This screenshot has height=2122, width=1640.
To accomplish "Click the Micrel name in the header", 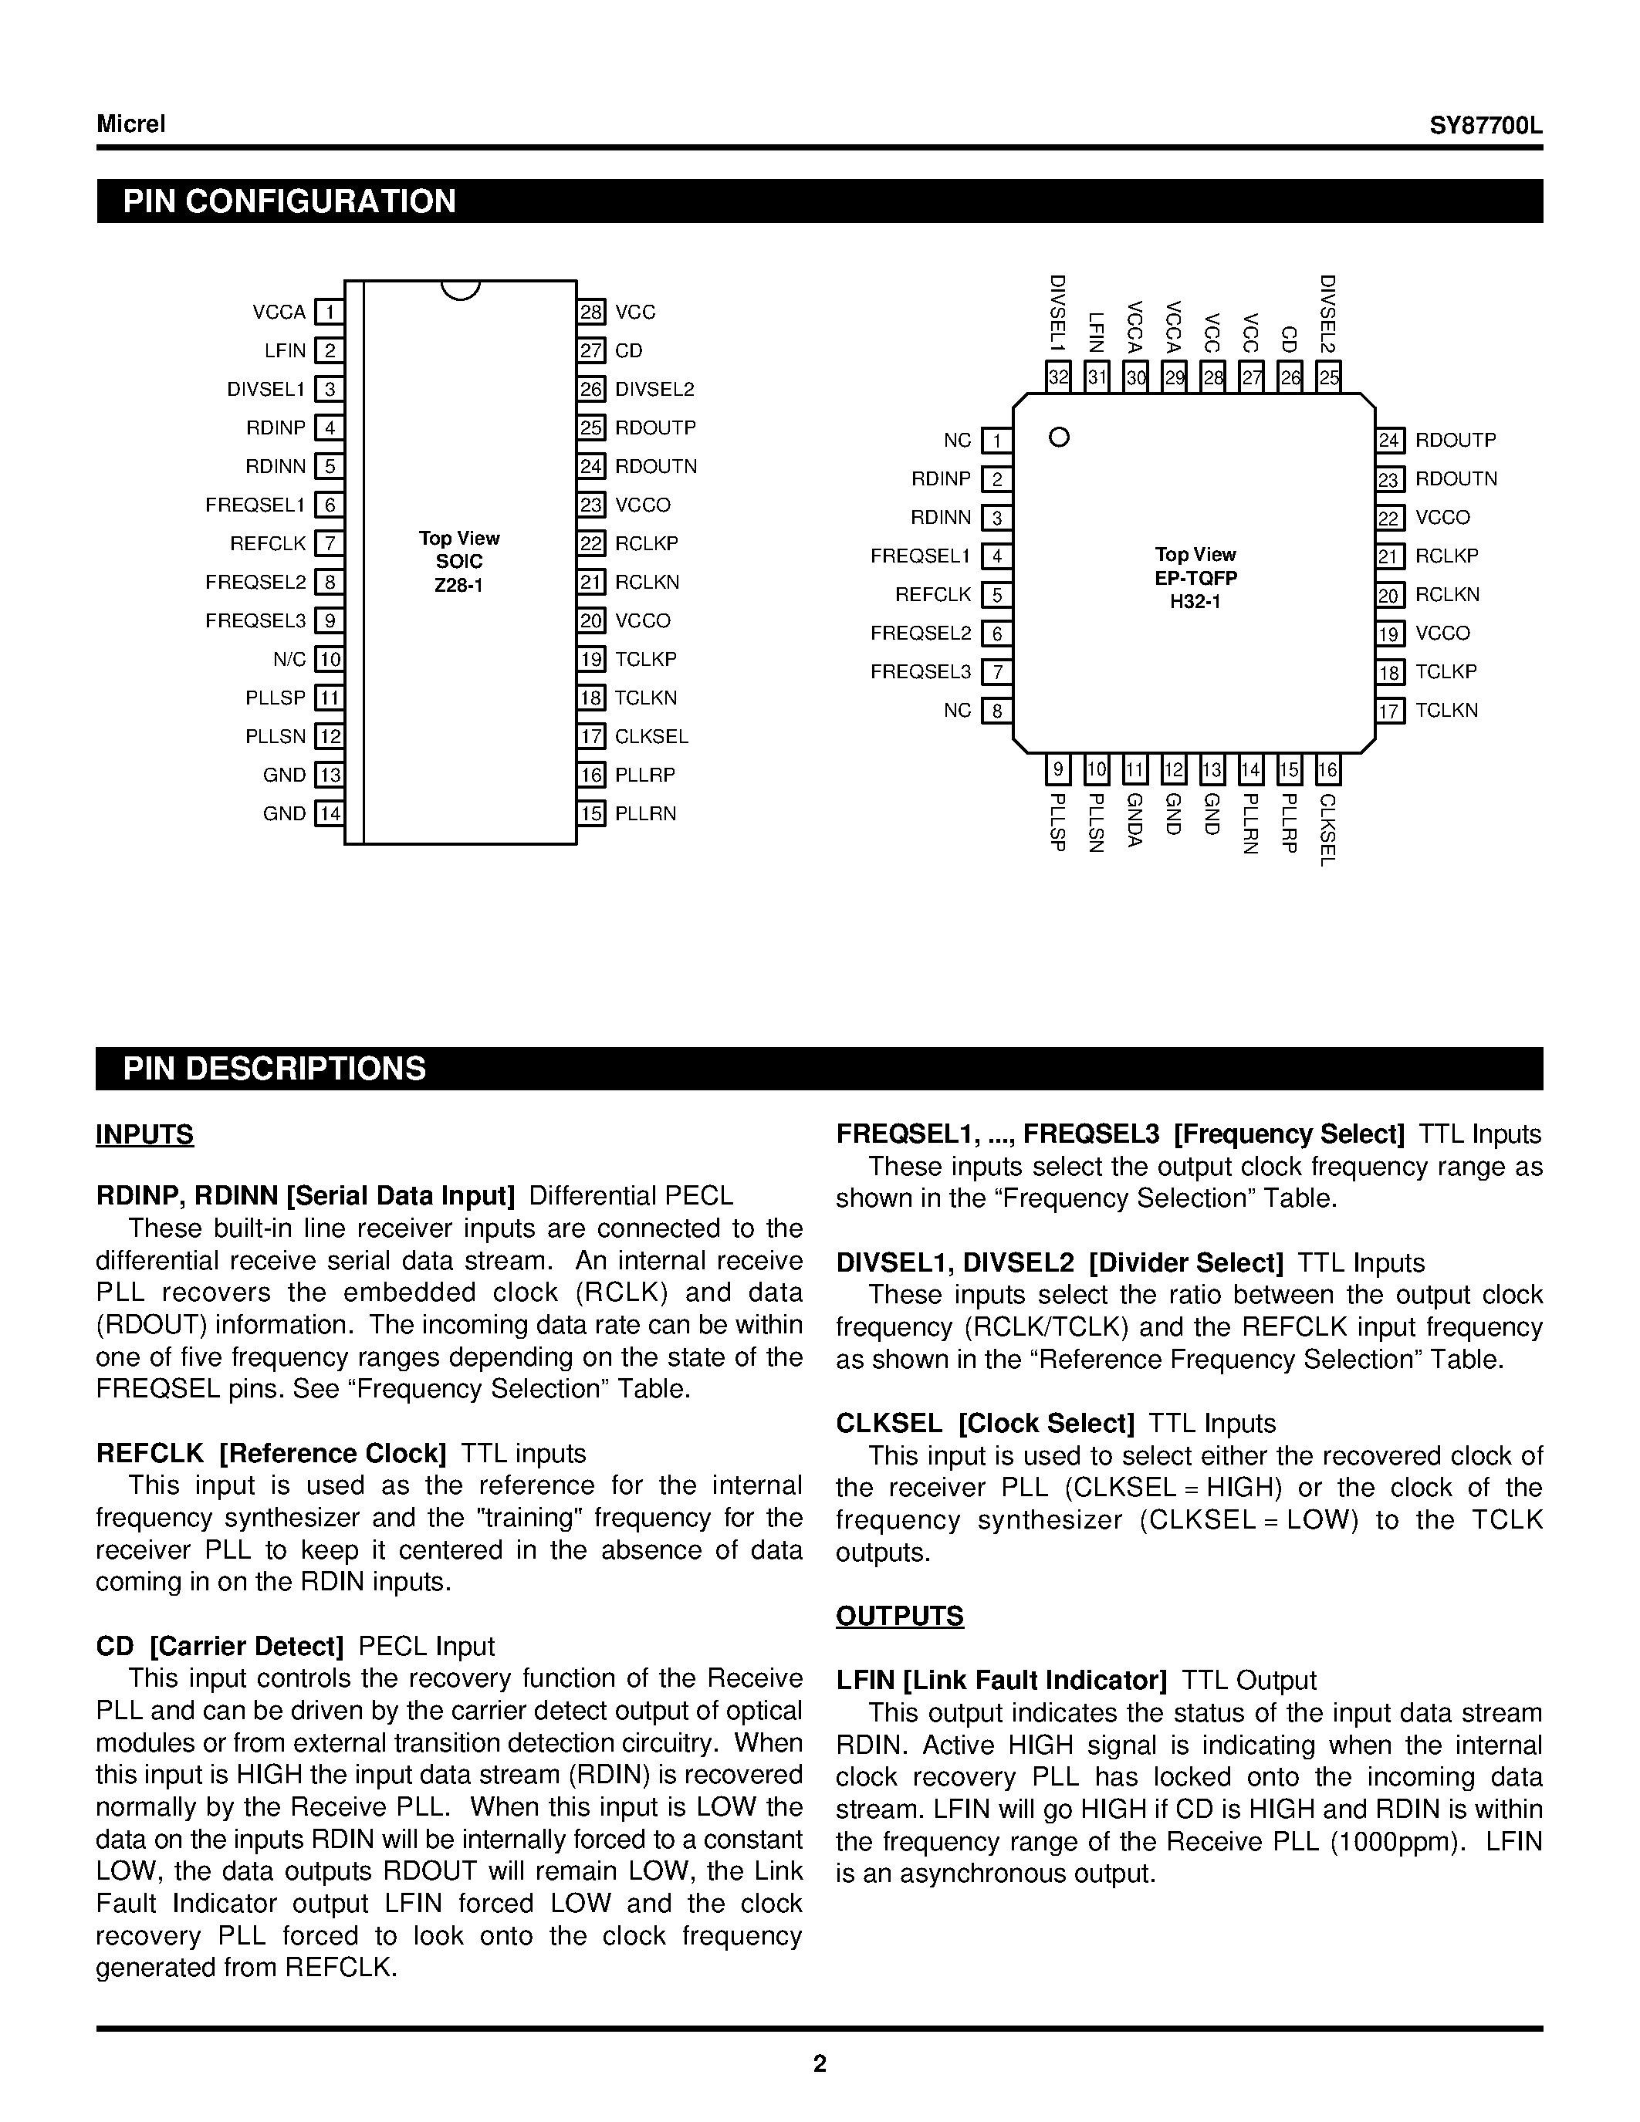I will click(x=131, y=124).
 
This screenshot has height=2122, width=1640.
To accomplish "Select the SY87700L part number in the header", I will click(x=1486, y=127).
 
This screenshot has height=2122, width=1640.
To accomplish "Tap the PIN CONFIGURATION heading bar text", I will click(x=289, y=201).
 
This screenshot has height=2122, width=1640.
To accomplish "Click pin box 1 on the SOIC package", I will click(x=330, y=312).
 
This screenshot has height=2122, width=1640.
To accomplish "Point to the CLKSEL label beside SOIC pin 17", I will click(x=651, y=736).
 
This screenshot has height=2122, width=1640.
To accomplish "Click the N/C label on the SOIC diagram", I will click(x=289, y=660).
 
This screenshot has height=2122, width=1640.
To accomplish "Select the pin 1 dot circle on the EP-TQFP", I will click(x=1060, y=438).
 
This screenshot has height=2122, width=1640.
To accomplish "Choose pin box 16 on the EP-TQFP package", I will click(x=1327, y=771).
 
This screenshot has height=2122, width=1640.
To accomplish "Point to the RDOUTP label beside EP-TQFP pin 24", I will click(x=1456, y=440).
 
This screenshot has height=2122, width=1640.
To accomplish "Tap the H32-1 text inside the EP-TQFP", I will click(x=1195, y=601).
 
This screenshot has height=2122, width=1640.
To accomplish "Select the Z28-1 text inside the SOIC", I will click(x=458, y=586).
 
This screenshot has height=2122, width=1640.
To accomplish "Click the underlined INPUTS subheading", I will click(x=145, y=1135).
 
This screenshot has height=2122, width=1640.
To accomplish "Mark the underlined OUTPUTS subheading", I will click(x=900, y=1616).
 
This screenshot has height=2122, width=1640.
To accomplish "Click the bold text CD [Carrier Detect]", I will click(x=221, y=1646).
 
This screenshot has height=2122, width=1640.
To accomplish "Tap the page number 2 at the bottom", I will click(x=819, y=2063).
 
